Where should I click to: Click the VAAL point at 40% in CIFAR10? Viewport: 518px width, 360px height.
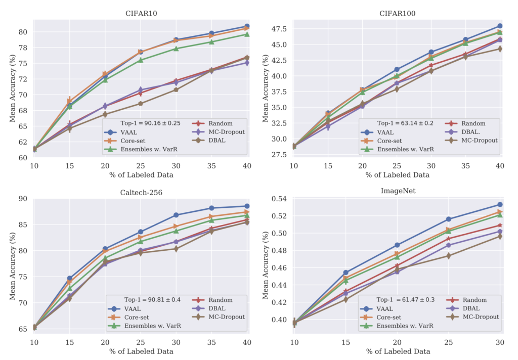247,26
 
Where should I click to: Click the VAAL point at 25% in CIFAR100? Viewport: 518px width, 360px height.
397,69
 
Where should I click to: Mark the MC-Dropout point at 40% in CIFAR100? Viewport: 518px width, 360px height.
500,49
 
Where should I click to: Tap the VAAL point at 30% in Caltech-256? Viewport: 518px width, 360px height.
176,215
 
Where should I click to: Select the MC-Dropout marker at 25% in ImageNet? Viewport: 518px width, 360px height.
448,256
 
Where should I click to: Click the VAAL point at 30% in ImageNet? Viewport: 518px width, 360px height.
500,205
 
